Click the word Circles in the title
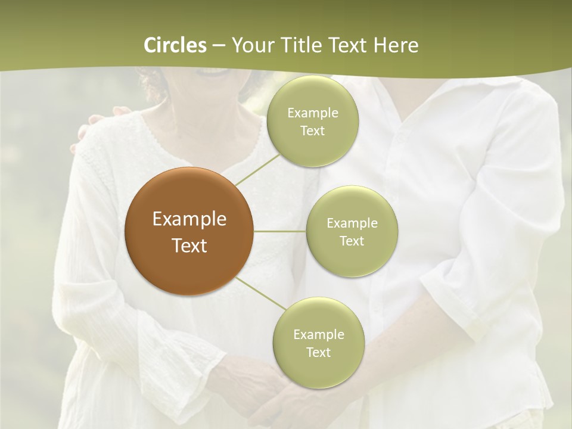point(175,45)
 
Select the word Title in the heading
point(299,45)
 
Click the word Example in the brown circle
point(189,219)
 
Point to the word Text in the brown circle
point(189,245)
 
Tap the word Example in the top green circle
point(312,113)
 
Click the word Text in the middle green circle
point(352,241)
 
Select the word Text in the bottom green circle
point(318,353)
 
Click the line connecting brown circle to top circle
point(257,168)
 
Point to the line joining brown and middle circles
point(280,231)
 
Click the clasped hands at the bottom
point(268,393)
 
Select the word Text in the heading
point(346,45)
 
